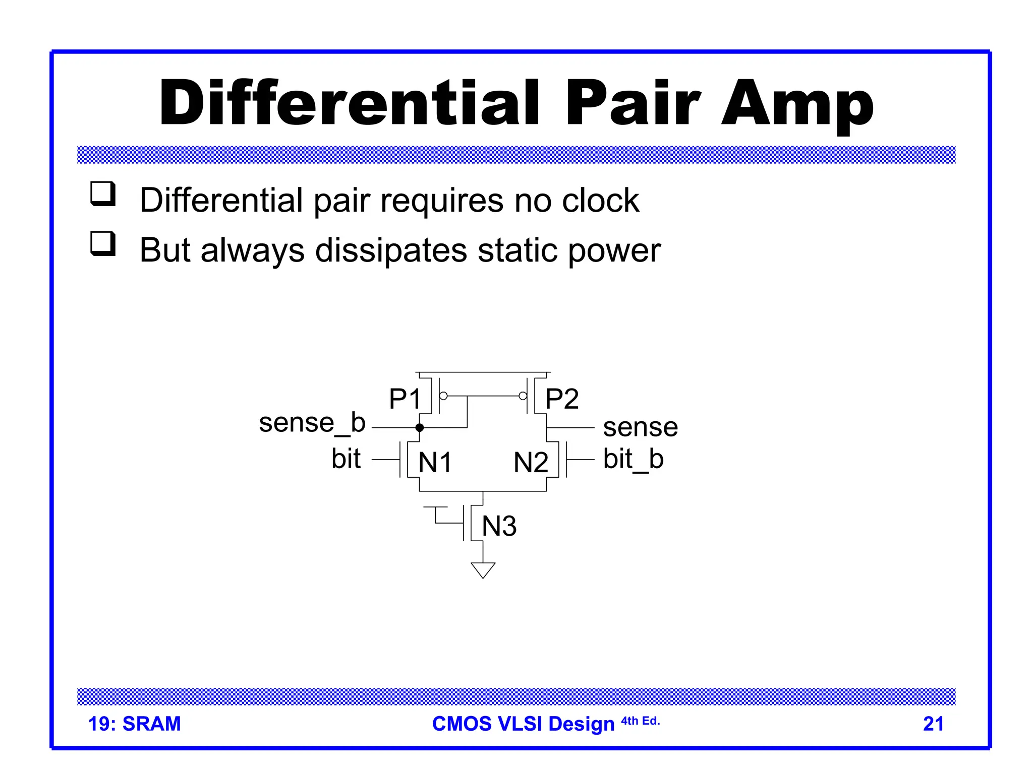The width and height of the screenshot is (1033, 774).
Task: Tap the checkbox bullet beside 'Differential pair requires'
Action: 103,194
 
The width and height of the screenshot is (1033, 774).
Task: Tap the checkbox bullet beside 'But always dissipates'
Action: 103,244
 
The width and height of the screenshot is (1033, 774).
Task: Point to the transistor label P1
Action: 405,399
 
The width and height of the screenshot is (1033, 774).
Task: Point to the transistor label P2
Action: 562,399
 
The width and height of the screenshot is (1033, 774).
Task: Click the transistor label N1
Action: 435,462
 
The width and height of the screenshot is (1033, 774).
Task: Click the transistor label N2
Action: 531,462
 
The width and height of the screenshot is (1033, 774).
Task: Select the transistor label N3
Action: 499,526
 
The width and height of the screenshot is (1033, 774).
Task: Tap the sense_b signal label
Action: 312,423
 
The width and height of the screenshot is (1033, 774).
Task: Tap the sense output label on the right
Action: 640,427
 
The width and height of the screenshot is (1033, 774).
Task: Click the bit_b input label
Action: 633,460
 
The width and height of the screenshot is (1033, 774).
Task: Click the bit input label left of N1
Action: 346,459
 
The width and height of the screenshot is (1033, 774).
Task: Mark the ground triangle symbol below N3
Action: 483,569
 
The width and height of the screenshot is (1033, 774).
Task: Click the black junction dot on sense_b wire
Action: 420,428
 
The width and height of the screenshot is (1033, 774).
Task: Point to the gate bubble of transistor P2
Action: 523,396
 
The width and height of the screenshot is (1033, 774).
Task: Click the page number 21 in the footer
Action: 933,724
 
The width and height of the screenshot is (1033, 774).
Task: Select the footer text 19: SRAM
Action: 134,724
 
